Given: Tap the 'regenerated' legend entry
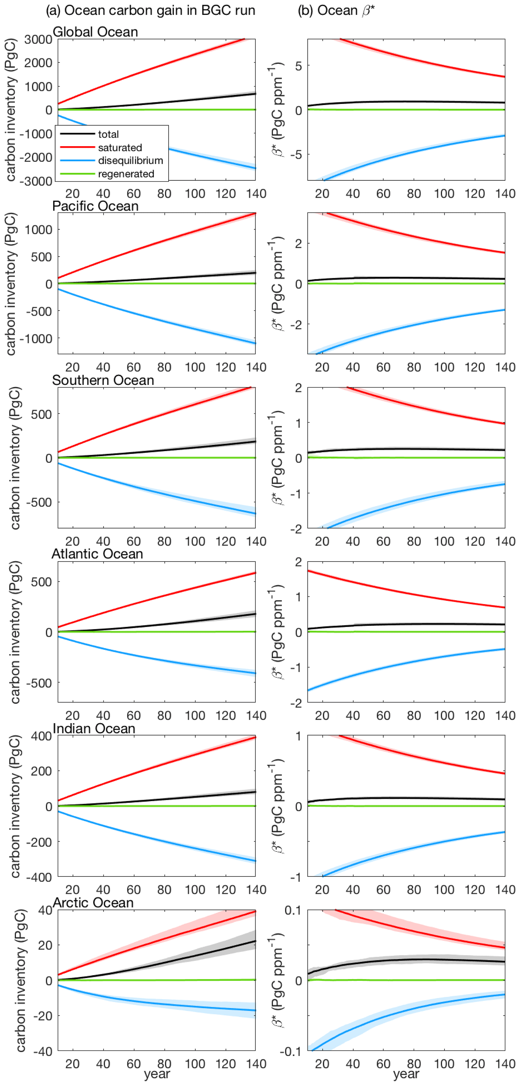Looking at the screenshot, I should pyautogui.click(x=126, y=174).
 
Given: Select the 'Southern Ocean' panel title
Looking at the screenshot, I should pyautogui.click(x=103, y=380).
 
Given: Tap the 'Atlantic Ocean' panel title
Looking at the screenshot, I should pyautogui.click(x=97, y=554).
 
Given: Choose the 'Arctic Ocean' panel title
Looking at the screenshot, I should pyautogui.click(x=93, y=903).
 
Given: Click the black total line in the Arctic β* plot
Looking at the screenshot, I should pyautogui.click(x=422, y=959).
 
